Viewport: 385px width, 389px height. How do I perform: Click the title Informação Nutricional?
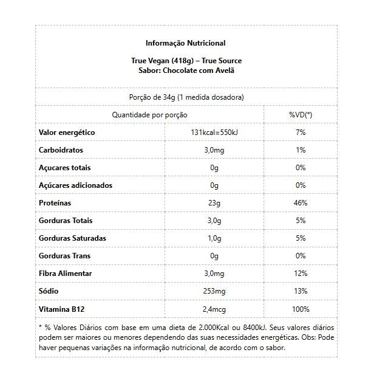[185, 43]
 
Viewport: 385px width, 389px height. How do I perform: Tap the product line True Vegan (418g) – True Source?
[186, 61]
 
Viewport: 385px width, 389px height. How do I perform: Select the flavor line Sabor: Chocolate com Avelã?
[186, 70]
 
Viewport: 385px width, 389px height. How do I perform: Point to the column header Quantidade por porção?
[149, 115]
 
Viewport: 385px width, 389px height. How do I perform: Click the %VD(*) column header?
[300, 115]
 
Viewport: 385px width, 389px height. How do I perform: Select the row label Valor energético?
[67, 133]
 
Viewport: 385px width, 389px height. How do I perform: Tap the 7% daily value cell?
[300, 133]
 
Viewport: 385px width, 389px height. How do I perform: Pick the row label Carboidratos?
[61, 150]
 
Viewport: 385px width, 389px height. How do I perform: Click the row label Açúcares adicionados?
[75, 185]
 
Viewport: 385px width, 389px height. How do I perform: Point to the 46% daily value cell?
[300, 203]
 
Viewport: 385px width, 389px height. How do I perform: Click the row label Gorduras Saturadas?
[72, 238]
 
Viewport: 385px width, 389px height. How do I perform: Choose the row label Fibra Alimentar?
[66, 274]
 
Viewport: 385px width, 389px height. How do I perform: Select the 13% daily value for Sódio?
[300, 291]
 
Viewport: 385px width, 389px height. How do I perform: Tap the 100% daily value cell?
[300, 309]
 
